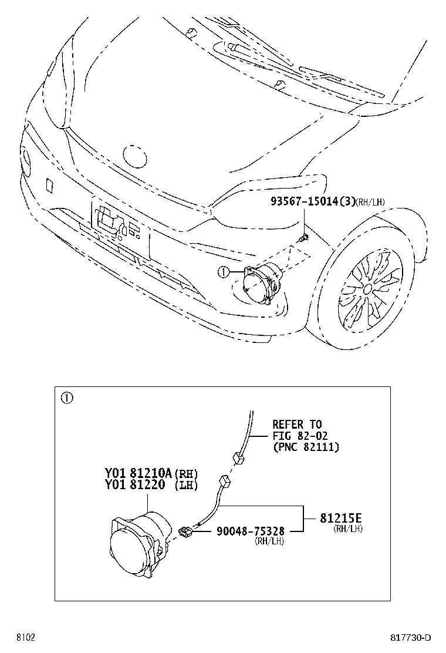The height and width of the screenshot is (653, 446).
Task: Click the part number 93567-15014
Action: point(304,201)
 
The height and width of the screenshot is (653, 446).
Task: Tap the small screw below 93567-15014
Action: point(304,238)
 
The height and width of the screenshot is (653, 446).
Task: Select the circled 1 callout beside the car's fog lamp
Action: point(224,272)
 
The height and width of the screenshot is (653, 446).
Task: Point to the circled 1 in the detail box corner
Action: point(67,398)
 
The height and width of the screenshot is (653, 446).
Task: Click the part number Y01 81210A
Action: point(138,473)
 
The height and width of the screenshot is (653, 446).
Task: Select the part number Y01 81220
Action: point(135,484)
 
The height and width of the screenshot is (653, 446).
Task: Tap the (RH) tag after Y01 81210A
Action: point(185,474)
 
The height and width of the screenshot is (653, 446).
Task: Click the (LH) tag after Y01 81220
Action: point(185,485)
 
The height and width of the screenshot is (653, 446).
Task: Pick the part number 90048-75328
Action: point(251,531)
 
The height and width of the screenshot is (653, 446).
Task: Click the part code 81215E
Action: point(341,518)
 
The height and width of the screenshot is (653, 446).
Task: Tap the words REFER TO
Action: point(297,425)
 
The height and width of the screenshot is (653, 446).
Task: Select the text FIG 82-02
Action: point(300,436)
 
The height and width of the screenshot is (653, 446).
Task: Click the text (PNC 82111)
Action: point(306,447)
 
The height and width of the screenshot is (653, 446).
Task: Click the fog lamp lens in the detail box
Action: point(130,550)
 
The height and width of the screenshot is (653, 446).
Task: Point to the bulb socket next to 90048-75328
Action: point(185,532)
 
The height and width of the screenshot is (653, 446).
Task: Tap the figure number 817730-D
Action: point(410,638)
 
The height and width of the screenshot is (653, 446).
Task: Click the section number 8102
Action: point(26,638)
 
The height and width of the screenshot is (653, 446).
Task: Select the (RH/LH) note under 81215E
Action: point(348,529)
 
